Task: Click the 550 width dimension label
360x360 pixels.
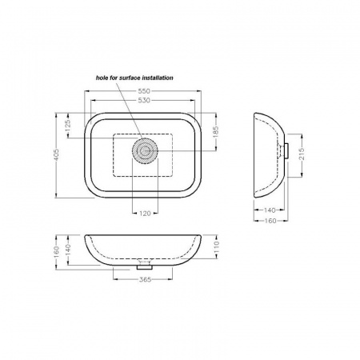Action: pos(144,91)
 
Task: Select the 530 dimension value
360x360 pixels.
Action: pos(144,100)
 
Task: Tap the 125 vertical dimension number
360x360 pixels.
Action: pos(67,126)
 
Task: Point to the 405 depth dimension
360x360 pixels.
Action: pos(57,155)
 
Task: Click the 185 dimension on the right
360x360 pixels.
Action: pos(216,132)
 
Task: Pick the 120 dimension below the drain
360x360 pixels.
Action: pos(145,214)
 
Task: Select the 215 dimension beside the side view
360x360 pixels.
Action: pos(302,154)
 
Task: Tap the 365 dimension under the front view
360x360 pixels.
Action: pos(145,279)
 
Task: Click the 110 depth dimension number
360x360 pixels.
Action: pos(216,247)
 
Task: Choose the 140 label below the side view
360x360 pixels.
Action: pos(270,210)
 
